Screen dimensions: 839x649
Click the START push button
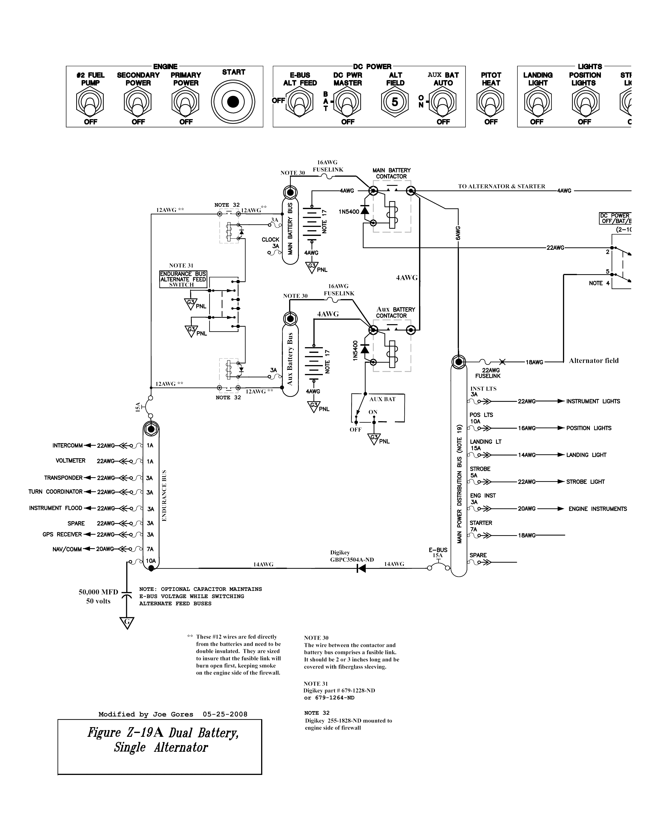(233, 102)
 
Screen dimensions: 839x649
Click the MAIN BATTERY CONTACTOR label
(391, 173)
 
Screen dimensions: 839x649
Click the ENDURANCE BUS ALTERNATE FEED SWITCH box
(183, 279)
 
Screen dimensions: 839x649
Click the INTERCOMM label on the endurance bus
(68, 446)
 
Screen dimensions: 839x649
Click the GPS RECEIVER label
(62, 534)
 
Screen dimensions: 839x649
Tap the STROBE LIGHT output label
(585, 482)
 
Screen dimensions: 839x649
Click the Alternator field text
(594, 360)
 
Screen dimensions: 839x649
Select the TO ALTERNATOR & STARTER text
(501, 186)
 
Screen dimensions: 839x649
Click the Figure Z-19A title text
(163, 739)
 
